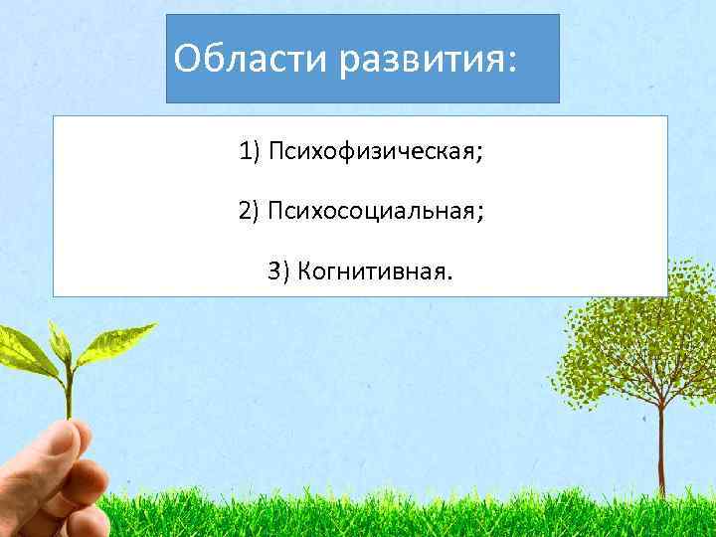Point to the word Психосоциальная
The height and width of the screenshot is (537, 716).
[x=372, y=212]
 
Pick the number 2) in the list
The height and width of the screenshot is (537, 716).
[x=248, y=212]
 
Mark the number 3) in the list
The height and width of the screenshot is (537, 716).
[x=277, y=270]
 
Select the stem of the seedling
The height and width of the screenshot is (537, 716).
[x=69, y=388]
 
